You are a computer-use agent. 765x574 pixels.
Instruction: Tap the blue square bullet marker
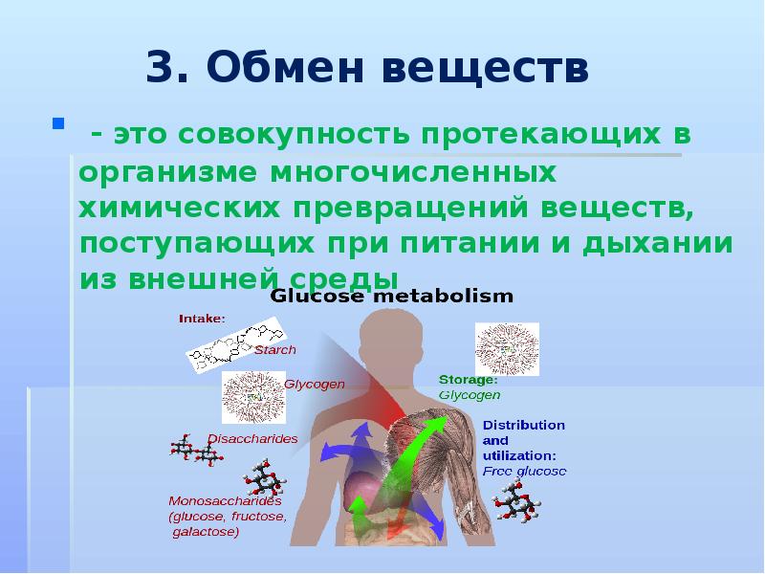tap(58, 123)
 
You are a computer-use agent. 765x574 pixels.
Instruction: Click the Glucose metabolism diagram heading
tap(392, 297)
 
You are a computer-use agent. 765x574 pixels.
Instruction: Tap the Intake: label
tap(202, 319)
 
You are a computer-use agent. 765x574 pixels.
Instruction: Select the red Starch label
tap(274, 350)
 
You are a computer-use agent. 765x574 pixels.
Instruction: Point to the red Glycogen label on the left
tap(315, 384)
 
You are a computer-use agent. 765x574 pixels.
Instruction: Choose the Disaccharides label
tap(252, 438)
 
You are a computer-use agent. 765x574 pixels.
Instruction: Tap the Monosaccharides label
tap(225, 500)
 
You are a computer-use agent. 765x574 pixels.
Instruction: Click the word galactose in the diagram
tap(206, 532)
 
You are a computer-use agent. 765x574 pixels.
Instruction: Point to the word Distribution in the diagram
tap(523, 425)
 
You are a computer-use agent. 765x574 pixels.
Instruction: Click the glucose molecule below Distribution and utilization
tap(516, 501)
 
